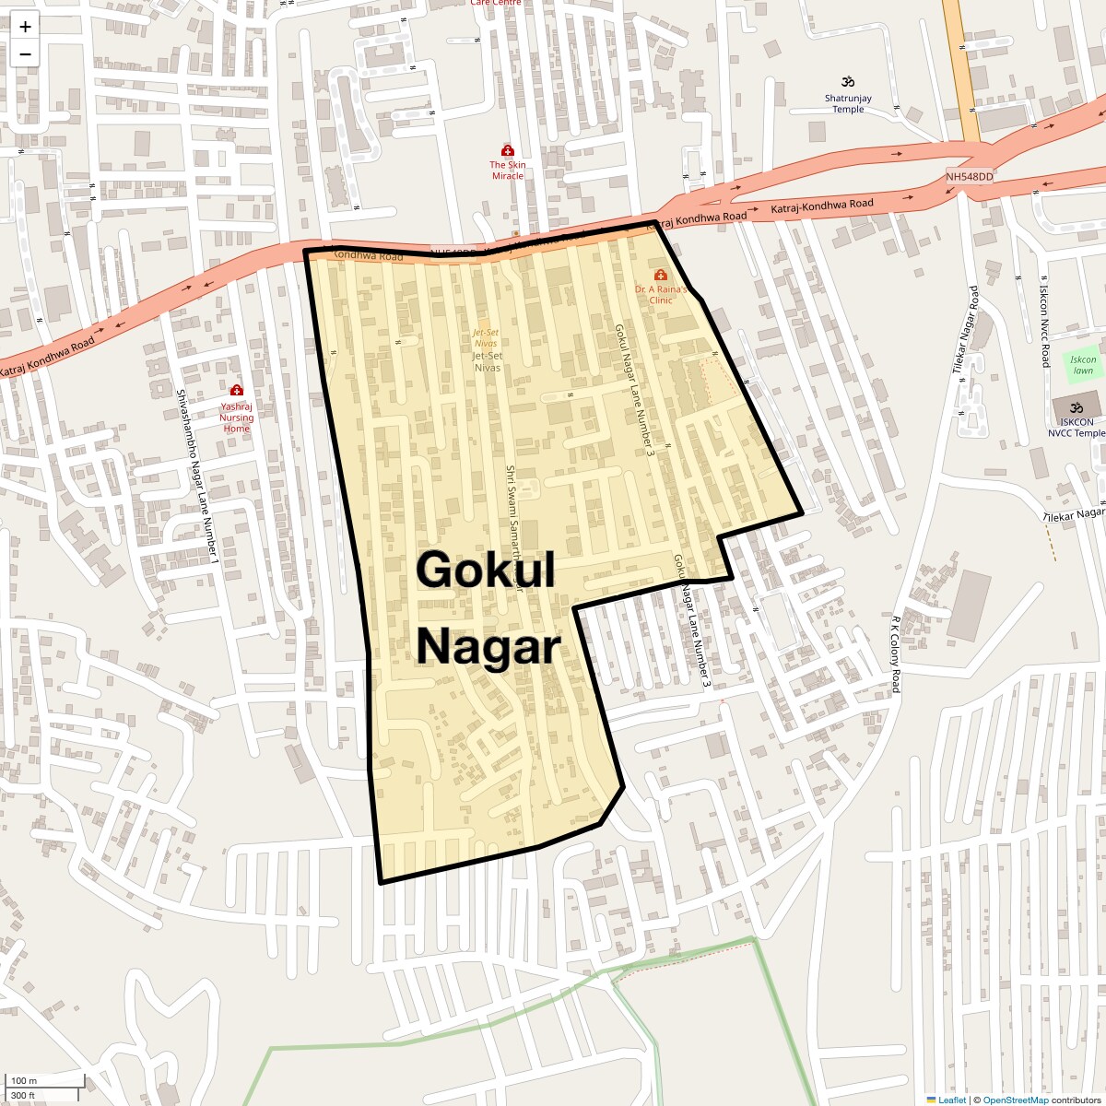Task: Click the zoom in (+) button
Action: coord(25,28)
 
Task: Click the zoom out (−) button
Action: coord(25,53)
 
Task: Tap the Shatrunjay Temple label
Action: coord(848,103)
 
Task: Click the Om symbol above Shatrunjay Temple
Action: coord(848,82)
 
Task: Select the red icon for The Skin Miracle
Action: coord(507,150)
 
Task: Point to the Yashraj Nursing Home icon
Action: coord(236,391)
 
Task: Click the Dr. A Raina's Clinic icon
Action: coord(661,275)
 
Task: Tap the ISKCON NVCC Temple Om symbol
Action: coord(1075,407)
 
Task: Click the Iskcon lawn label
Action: coord(1083,365)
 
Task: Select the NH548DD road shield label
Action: coord(970,176)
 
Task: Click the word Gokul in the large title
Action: coord(486,570)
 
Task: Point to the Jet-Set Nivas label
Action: coord(487,361)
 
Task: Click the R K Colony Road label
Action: coord(894,654)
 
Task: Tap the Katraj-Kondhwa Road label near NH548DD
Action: coord(822,206)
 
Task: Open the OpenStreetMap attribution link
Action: coord(1015,1100)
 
